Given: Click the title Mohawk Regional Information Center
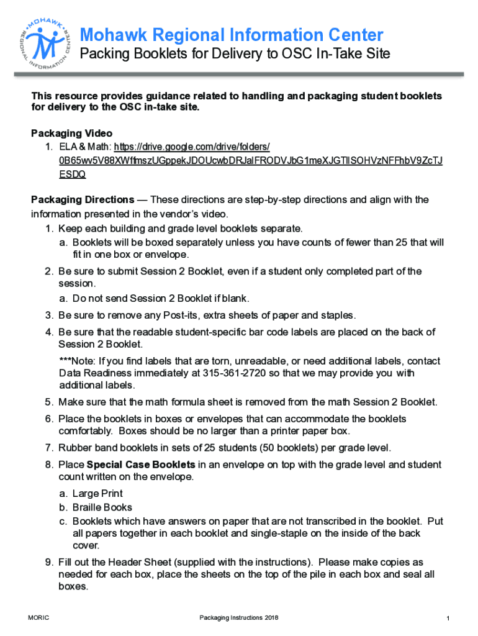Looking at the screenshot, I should coord(232,35).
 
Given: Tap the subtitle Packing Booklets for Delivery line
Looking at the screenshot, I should coord(235,55).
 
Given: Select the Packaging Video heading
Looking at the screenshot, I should coord(71,134).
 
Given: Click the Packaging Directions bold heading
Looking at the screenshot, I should coord(83,199).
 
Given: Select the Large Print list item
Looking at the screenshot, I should coord(97,494).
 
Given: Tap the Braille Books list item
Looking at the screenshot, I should coord(102,507).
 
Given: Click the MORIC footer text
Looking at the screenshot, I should coord(39,617).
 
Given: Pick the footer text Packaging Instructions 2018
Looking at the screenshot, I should coord(239,617).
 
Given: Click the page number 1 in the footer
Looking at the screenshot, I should coord(447,618).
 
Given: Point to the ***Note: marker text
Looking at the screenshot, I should coord(76,361).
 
